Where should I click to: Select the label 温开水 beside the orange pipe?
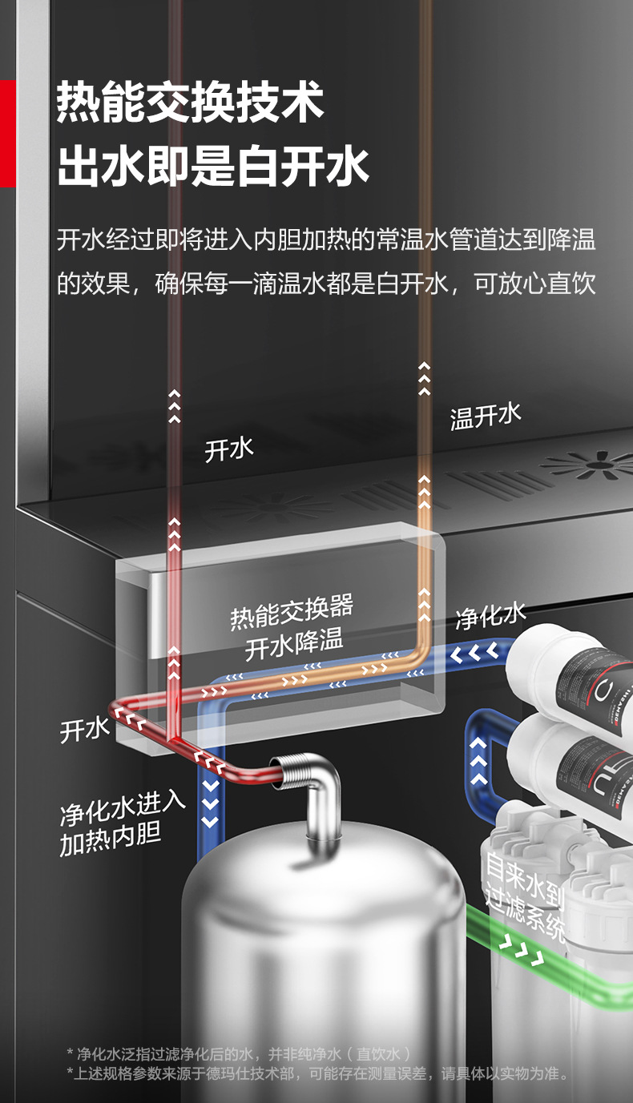point(486,416)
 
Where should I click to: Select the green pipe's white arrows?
point(522,951)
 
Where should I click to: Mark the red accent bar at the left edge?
point(7,133)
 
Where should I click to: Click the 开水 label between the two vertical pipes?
point(229,449)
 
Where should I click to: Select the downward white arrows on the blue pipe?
point(210,799)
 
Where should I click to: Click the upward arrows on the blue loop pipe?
point(478,761)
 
